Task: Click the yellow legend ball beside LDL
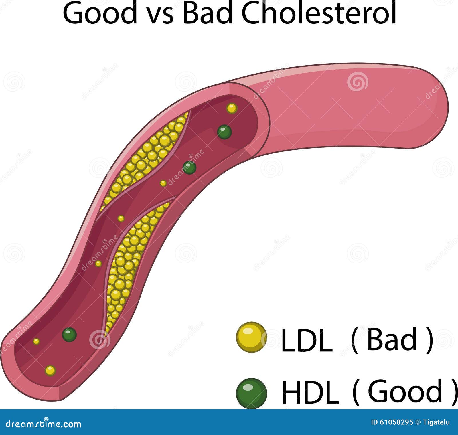point(251,337)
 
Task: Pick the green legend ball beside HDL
point(251,393)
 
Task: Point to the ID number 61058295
point(392,422)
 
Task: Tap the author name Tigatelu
point(438,422)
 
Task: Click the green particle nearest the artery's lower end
point(69,335)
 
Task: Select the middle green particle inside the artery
point(189,168)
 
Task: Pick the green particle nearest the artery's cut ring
point(224,132)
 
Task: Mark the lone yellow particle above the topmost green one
point(232,108)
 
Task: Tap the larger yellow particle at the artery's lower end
point(50,371)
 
